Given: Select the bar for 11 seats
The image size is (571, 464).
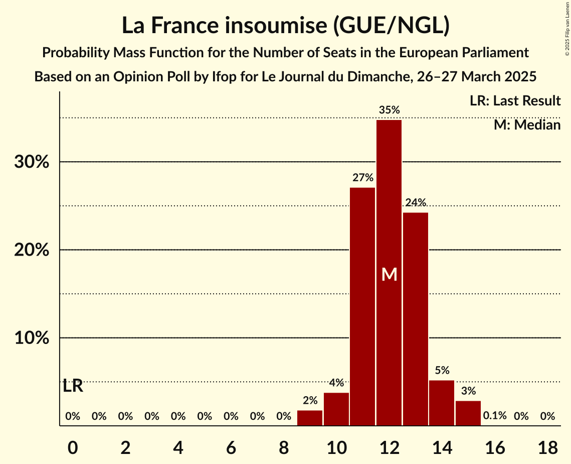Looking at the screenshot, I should pos(362,306).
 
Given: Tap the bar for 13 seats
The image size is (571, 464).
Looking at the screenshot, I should pos(416,319).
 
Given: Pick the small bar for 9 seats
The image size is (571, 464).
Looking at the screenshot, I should pos(310,418).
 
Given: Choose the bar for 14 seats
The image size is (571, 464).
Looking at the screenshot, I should pos(442,403).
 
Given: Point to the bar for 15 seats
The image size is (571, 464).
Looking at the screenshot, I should pos(468,413).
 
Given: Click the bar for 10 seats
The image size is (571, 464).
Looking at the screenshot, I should pos(336,409).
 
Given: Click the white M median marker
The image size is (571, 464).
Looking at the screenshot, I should pos(389,274).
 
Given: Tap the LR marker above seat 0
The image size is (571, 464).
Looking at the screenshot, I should pos(73,387).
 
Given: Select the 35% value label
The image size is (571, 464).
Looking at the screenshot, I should pos(389,110).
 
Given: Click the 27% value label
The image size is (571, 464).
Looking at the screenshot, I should pos(362,178).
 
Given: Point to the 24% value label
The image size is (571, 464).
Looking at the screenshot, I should pos(416,203).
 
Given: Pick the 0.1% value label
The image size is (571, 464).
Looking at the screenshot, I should pos(495,416).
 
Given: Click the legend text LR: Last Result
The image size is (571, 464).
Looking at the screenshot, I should pos(515,101).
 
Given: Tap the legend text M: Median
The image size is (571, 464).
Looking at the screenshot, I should pos(527,125).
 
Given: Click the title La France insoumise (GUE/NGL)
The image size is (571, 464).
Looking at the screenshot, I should pos(285,26).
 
